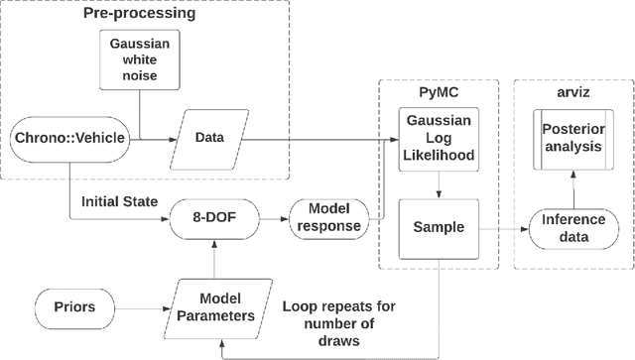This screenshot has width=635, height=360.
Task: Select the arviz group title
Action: [569, 91]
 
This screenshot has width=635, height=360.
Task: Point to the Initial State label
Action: [120, 201]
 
